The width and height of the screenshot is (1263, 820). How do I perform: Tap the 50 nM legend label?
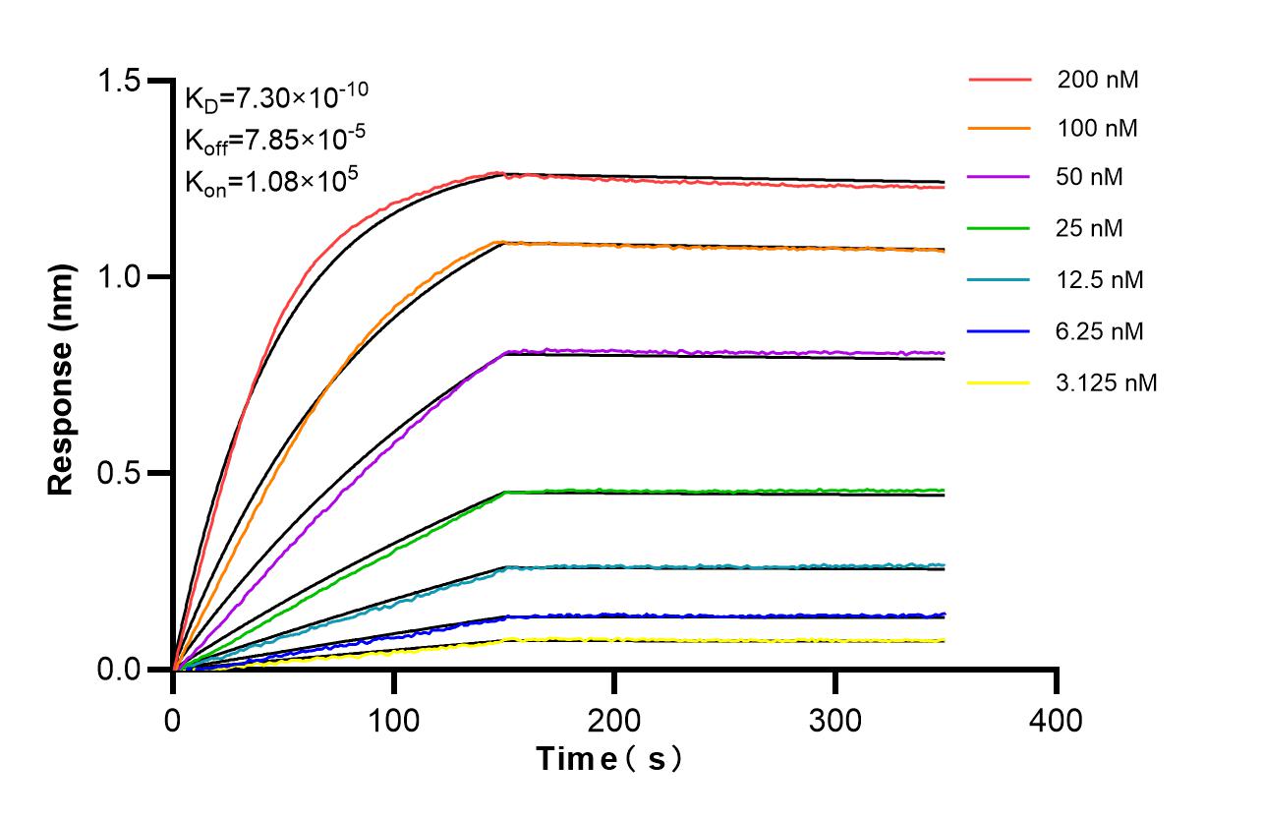click(x=1090, y=178)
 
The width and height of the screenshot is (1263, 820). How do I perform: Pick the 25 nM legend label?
click(x=1090, y=229)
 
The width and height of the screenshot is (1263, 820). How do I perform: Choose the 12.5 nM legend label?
click(x=1100, y=280)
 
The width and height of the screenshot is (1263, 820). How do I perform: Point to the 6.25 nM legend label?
click(x=1100, y=331)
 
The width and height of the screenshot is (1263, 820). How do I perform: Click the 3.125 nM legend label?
click(x=1107, y=382)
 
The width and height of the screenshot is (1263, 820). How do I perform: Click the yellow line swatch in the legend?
click(x=1000, y=382)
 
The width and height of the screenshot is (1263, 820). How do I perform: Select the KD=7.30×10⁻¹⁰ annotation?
click(x=276, y=96)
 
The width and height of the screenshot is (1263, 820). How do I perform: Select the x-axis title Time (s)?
click(x=608, y=759)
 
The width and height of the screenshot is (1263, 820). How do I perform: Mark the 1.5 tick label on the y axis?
click(x=127, y=81)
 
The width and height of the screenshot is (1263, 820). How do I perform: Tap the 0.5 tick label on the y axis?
click(x=127, y=473)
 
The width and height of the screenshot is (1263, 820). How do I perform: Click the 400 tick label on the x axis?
click(x=1056, y=720)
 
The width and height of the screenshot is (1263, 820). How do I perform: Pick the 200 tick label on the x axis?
click(x=614, y=720)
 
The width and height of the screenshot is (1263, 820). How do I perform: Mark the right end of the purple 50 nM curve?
click(x=944, y=352)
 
